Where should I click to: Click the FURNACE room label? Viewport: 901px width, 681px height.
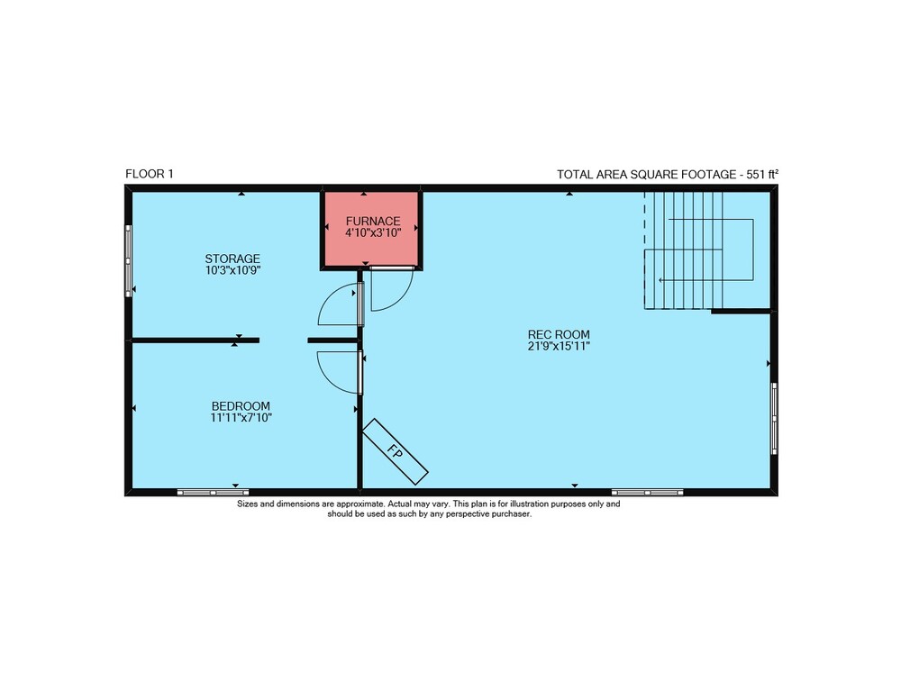coord(373,222)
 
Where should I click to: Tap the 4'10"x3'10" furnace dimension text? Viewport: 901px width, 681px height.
coord(373,232)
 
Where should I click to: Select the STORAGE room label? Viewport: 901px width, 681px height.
coord(232,259)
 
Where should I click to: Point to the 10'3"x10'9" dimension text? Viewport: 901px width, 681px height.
coord(233,270)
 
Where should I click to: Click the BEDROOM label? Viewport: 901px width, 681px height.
coord(241,405)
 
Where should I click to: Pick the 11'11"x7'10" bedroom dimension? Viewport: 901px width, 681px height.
coord(241,418)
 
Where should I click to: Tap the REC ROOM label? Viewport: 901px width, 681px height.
coord(560,334)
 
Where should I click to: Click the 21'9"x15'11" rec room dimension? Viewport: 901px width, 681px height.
coord(560,346)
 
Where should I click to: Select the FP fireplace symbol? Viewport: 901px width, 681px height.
coord(396,451)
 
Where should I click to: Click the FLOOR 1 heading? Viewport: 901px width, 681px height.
coord(150,174)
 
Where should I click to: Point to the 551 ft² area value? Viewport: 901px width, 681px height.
coord(762,174)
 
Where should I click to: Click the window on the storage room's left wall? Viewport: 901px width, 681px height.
coord(129,260)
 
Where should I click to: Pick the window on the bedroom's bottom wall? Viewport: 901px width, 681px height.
coord(213,493)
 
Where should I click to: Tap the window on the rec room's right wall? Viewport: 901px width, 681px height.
coord(774,418)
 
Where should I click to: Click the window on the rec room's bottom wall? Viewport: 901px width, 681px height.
coord(647,493)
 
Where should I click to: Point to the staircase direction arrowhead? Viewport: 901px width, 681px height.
coord(660,280)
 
